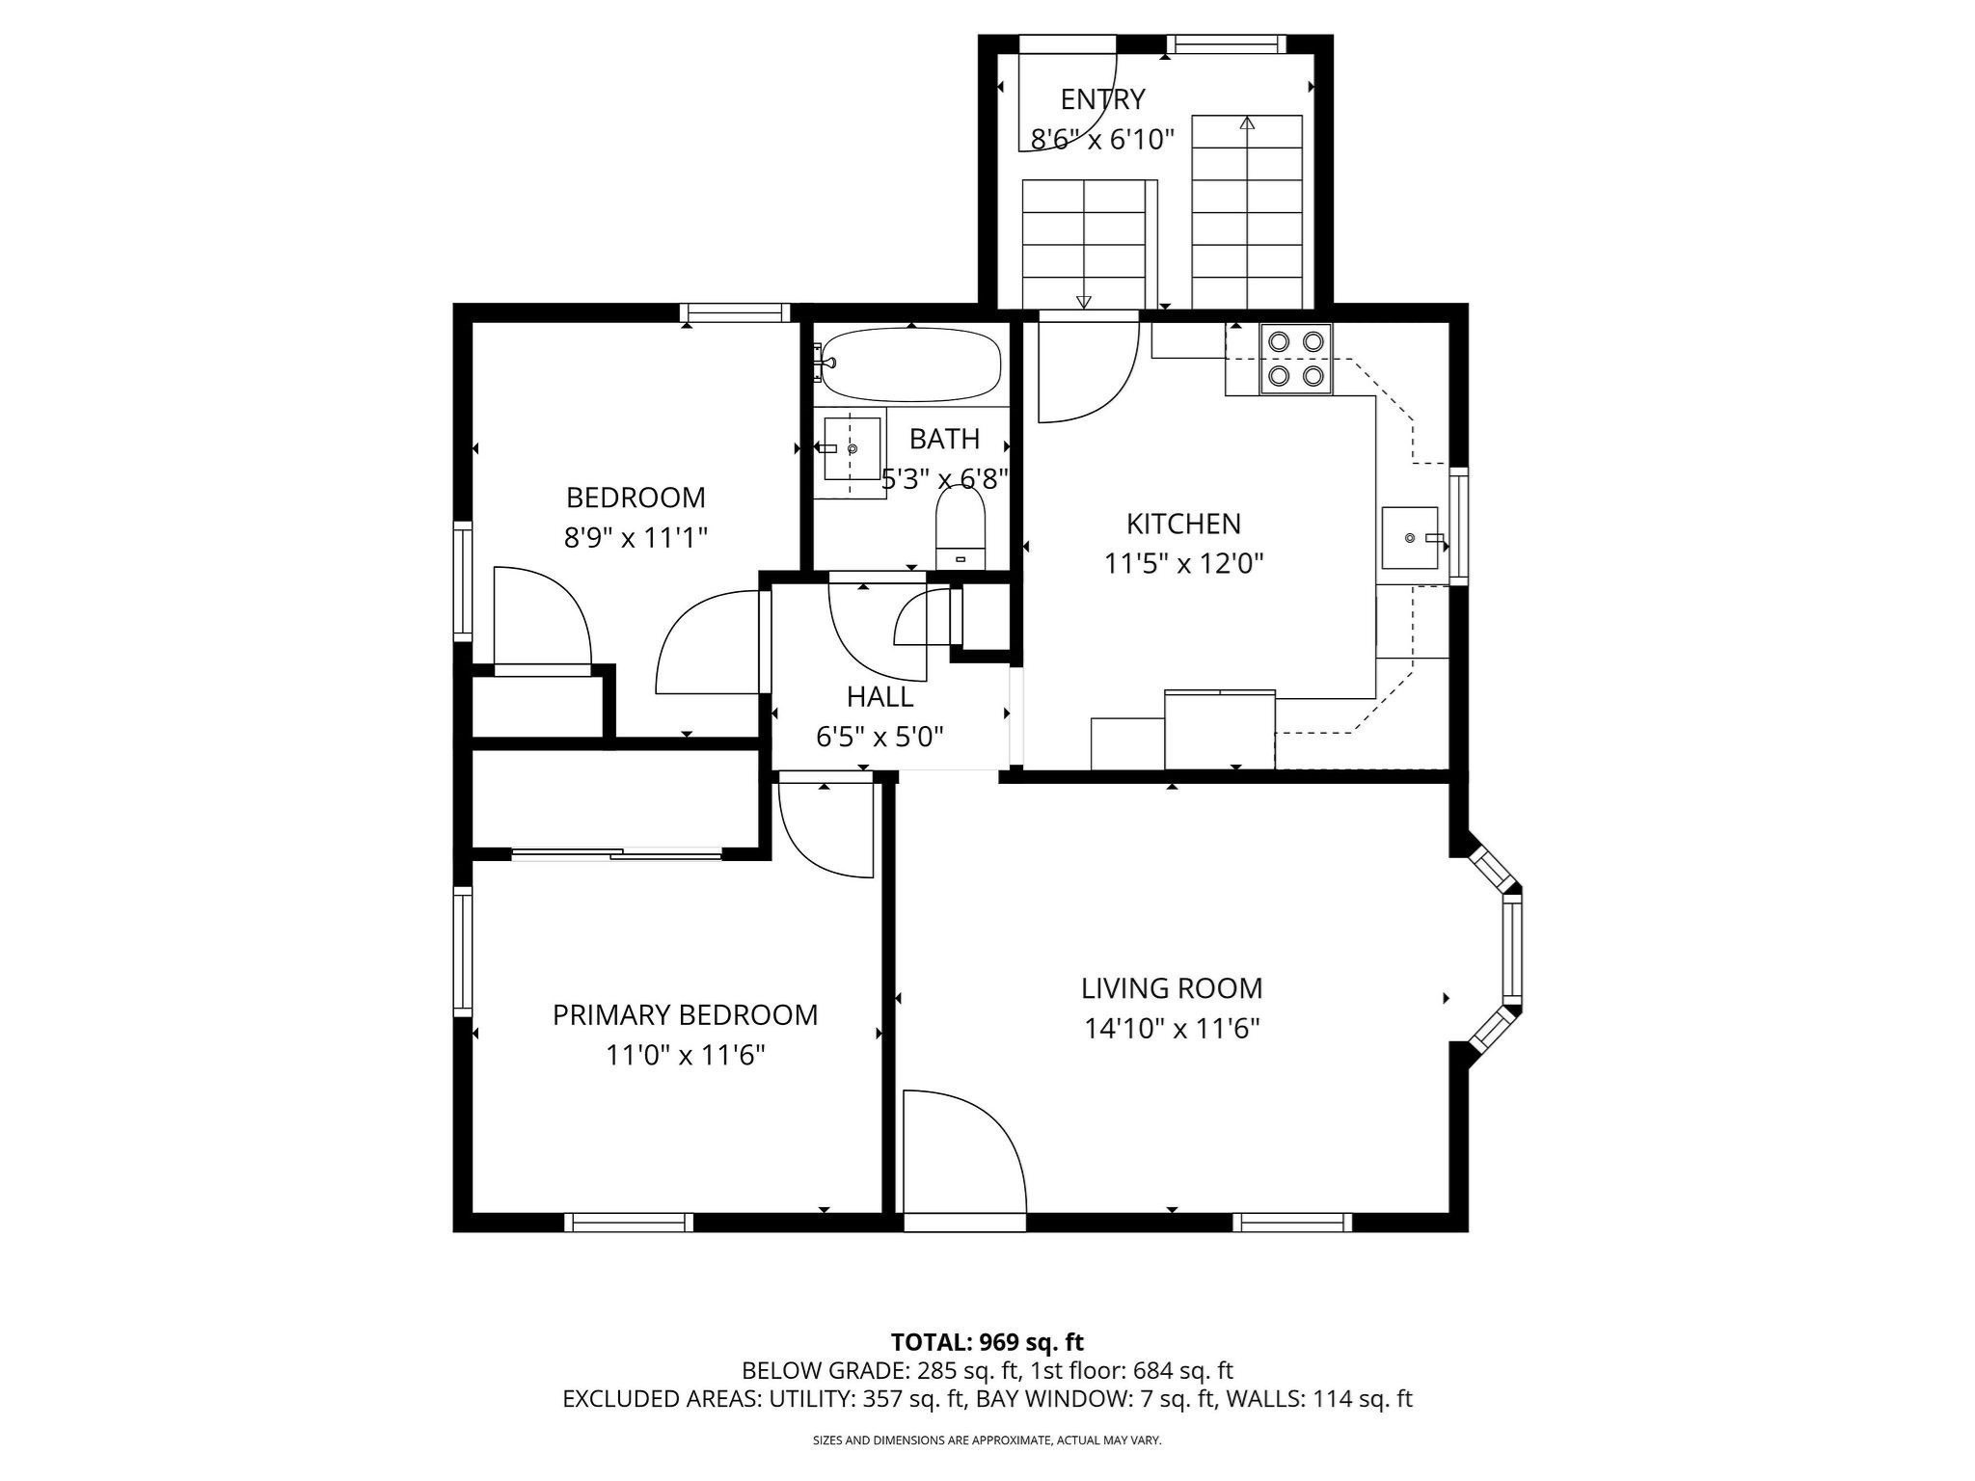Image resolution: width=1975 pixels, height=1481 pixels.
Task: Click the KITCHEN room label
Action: pos(1183,524)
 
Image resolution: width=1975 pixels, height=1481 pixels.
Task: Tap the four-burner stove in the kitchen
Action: pos(1295,359)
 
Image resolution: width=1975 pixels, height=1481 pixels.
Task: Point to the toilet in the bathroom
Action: pos(960,531)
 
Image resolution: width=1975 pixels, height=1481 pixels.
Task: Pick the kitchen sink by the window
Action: pos(1411,537)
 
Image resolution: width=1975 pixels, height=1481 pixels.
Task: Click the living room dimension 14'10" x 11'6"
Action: pos(1172,1029)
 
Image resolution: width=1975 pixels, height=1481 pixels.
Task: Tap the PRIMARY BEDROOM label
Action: pos(685,1014)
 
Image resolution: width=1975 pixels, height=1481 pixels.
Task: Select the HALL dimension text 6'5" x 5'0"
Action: pos(879,737)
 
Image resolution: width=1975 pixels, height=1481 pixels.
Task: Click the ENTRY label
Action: pos(1102,99)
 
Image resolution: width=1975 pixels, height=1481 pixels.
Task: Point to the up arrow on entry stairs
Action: pos(1247,123)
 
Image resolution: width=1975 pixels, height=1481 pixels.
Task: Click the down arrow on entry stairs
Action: pos(1084,301)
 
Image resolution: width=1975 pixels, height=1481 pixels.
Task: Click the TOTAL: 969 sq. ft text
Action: pos(987,1342)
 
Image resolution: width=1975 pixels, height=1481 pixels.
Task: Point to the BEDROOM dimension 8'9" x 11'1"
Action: pos(636,537)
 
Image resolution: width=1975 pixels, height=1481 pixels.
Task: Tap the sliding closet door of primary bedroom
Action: pos(617,853)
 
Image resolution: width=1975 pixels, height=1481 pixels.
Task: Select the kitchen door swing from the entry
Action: pos(1088,372)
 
